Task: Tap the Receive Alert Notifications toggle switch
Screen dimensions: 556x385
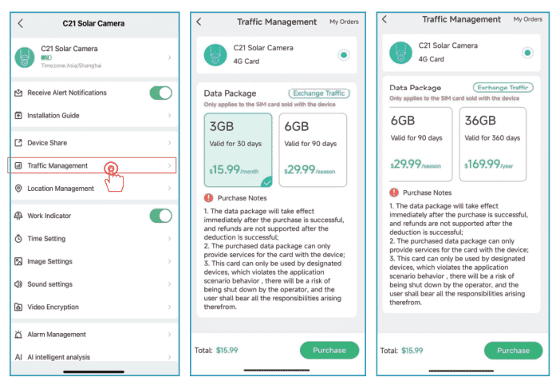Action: (x=160, y=93)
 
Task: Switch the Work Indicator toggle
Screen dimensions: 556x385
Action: (x=160, y=216)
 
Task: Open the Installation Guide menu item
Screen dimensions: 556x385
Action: (x=53, y=116)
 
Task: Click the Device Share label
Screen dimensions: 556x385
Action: (x=47, y=143)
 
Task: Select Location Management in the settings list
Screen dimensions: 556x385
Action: (x=61, y=189)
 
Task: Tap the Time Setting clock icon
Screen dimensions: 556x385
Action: (x=18, y=238)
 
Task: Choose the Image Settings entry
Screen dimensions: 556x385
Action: (x=49, y=261)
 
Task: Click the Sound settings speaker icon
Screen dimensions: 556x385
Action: (x=18, y=284)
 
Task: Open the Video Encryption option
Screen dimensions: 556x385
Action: (x=53, y=307)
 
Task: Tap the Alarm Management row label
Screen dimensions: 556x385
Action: (x=57, y=334)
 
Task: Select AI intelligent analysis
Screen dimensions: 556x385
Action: (x=59, y=357)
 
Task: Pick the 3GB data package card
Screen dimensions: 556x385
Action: (x=239, y=150)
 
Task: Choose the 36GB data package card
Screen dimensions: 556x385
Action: (x=493, y=145)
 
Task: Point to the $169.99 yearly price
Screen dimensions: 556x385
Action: (x=489, y=164)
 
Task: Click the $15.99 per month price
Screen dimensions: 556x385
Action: (x=234, y=170)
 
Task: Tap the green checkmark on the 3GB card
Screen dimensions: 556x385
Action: (x=266, y=182)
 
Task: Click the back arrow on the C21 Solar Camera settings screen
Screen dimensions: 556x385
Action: (x=21, y=23)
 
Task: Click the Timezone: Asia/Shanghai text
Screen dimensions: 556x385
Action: (x=71, y=65)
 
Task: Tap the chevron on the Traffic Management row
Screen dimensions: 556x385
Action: (x=169, y=165)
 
